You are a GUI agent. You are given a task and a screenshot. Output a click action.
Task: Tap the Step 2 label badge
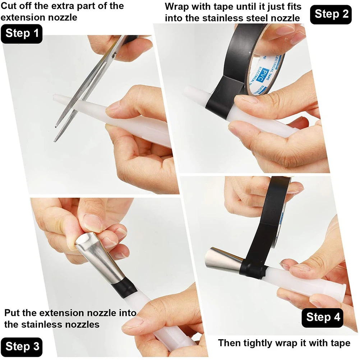(331, 14)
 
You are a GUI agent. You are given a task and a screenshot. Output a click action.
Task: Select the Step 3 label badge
(22, 347)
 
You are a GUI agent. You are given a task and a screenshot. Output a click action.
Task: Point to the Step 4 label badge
(323, 317)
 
